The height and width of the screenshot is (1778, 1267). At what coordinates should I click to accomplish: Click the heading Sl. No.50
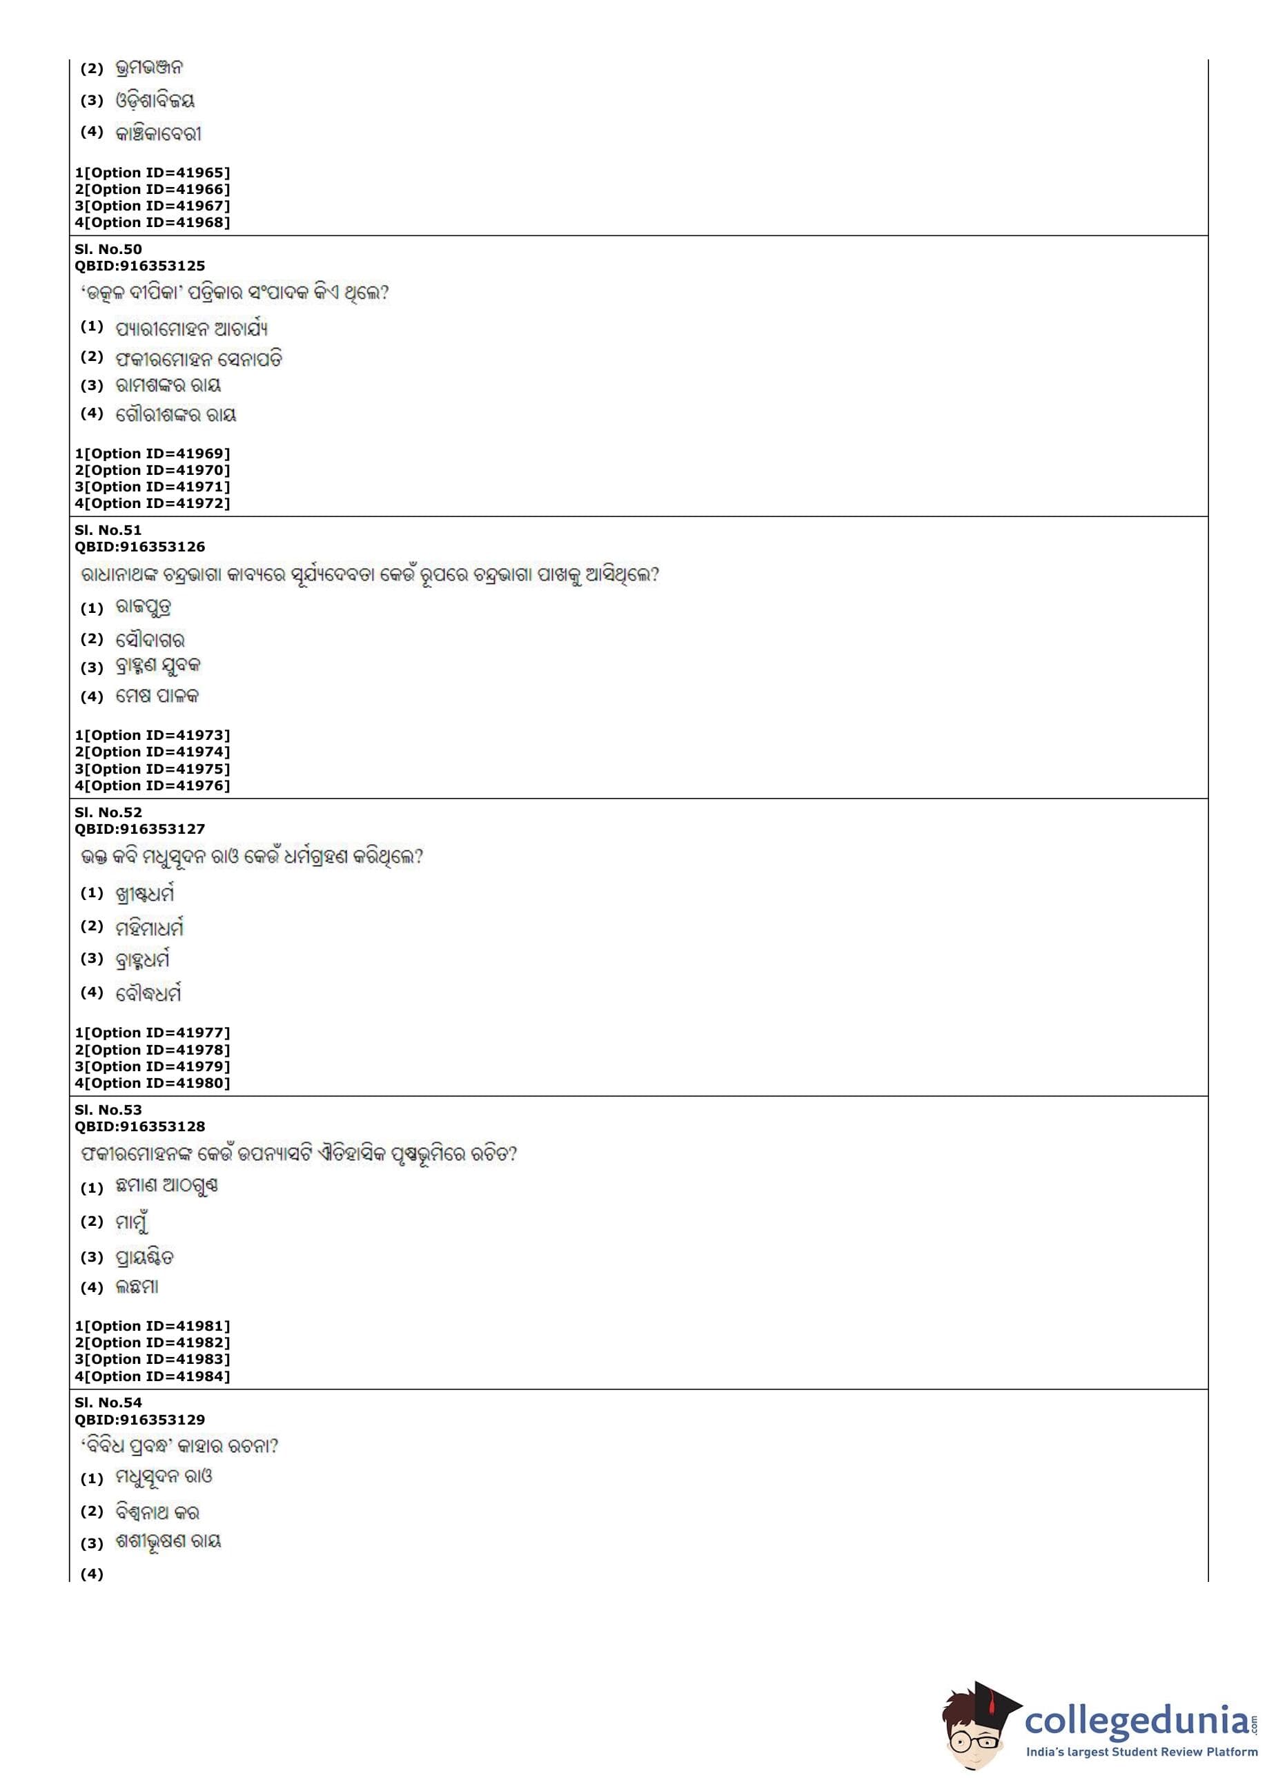pyautogui.click(x=108, y=250)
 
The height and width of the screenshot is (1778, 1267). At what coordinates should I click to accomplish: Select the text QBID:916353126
pyautogui.click(x=139, y=547)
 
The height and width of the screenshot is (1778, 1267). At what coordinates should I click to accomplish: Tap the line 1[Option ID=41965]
pyautogui.click(x=152, y=173)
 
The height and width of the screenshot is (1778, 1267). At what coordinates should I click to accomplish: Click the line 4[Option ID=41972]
pyautogui.click(x=152, y=503)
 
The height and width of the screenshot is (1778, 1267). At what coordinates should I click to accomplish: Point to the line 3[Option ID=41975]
pyautogui.click(x=152, y=768)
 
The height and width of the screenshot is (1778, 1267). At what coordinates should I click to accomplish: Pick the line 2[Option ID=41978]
pyautogui.click(x=152, y=1049)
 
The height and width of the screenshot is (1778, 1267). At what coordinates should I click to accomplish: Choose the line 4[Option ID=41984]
pyautogui.click(x=152, y=1376)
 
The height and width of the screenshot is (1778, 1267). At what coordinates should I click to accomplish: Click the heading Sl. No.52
pyautogui.click(x=108, y=812)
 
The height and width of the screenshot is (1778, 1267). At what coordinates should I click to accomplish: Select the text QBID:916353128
pyautogui.click(x=139, y=1126)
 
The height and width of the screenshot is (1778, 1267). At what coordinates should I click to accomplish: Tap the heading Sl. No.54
pyautogui.click(x=108, y=1403)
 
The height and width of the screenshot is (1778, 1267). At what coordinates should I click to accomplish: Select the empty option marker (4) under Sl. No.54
pyautogui.click(x=92, y=1574)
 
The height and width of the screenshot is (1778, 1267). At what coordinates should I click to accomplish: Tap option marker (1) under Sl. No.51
pyautogui.click(x=92, y=608)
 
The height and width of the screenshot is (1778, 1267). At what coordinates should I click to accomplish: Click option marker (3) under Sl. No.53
pyautogui.click(x=92, y=1257)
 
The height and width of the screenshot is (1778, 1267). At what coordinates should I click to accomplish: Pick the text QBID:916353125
pyautogui.click(x=139, y=266)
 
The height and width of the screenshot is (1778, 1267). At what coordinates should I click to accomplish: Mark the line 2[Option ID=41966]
pyautogui.click(x=152, y=189)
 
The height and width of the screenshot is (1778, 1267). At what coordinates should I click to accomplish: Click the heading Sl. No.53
pyautogui.click(x=108, y=1109)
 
